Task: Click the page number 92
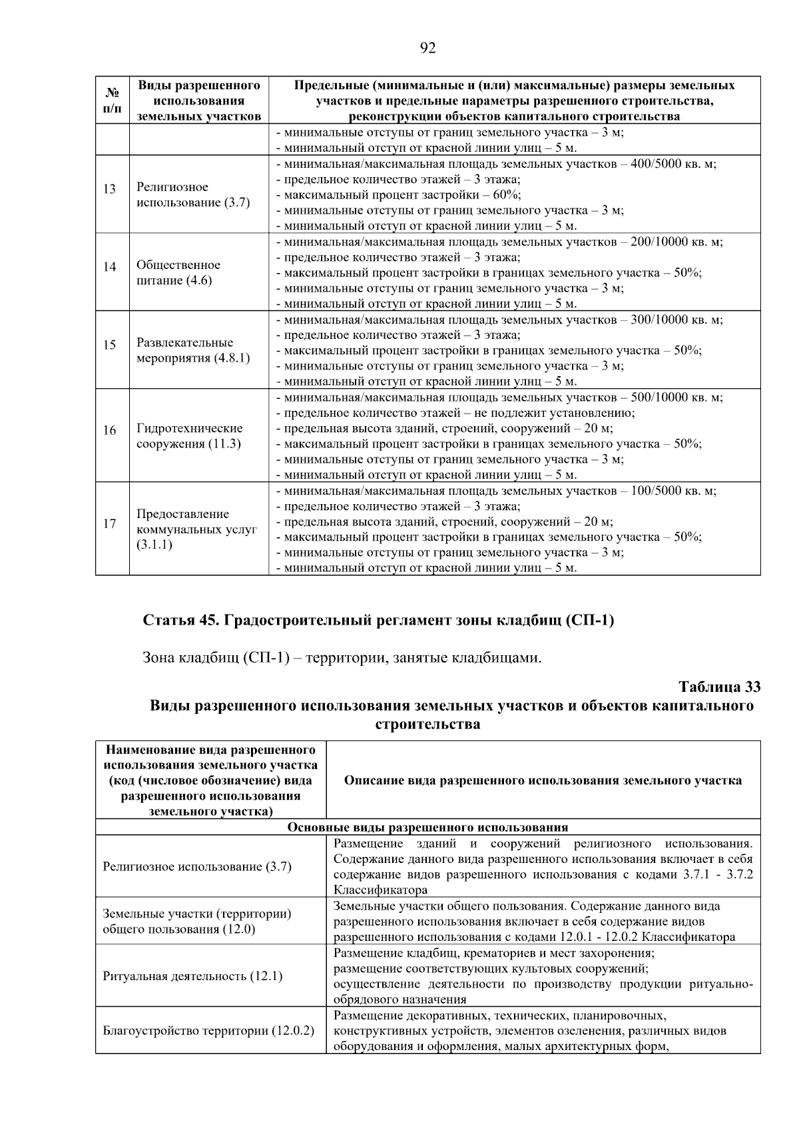pyautogui.click(x=428, y=48)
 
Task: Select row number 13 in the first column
pyautogui.click(x=109, y=190)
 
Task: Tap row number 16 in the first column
pyautogui.click(x=109, y=431)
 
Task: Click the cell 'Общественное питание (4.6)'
pyautogui.click(x=178, y=272)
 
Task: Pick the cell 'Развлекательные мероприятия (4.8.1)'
pyautogui.click(x=193, y=350)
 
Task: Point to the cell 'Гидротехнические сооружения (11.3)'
pyautogui.click(x=190, y=436)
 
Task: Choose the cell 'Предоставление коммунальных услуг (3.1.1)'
pyautogui.click(x=196, y=529)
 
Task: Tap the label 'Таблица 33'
pyautogui.click(x=719, y=687)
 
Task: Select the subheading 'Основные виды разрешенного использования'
pyautogui.click(x=427, y=827)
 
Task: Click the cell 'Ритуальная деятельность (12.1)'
pyautogui.click(x=192, y=977)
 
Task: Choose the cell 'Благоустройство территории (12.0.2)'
pyautogui.click(x=208, y=1031)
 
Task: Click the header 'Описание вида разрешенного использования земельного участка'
pyautogui.click(x=543, y=780)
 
